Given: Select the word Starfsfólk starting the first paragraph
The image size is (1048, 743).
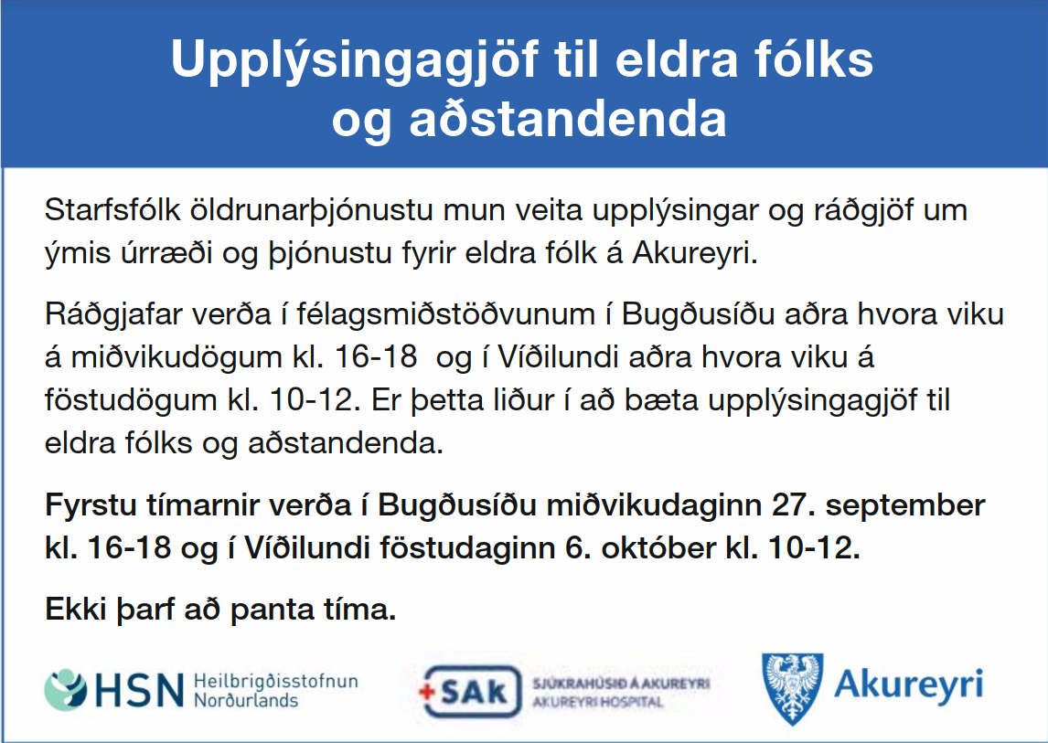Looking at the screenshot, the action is coord(112,210).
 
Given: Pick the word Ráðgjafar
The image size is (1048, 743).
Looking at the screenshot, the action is coord(113,315).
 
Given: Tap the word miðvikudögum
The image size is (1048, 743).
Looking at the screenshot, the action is coord(176,358).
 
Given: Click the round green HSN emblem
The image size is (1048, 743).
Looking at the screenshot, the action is coord(66,690).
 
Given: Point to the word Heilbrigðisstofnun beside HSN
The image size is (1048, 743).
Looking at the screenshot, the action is coord(276,682).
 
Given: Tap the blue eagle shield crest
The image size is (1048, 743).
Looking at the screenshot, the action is coord(793,689).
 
